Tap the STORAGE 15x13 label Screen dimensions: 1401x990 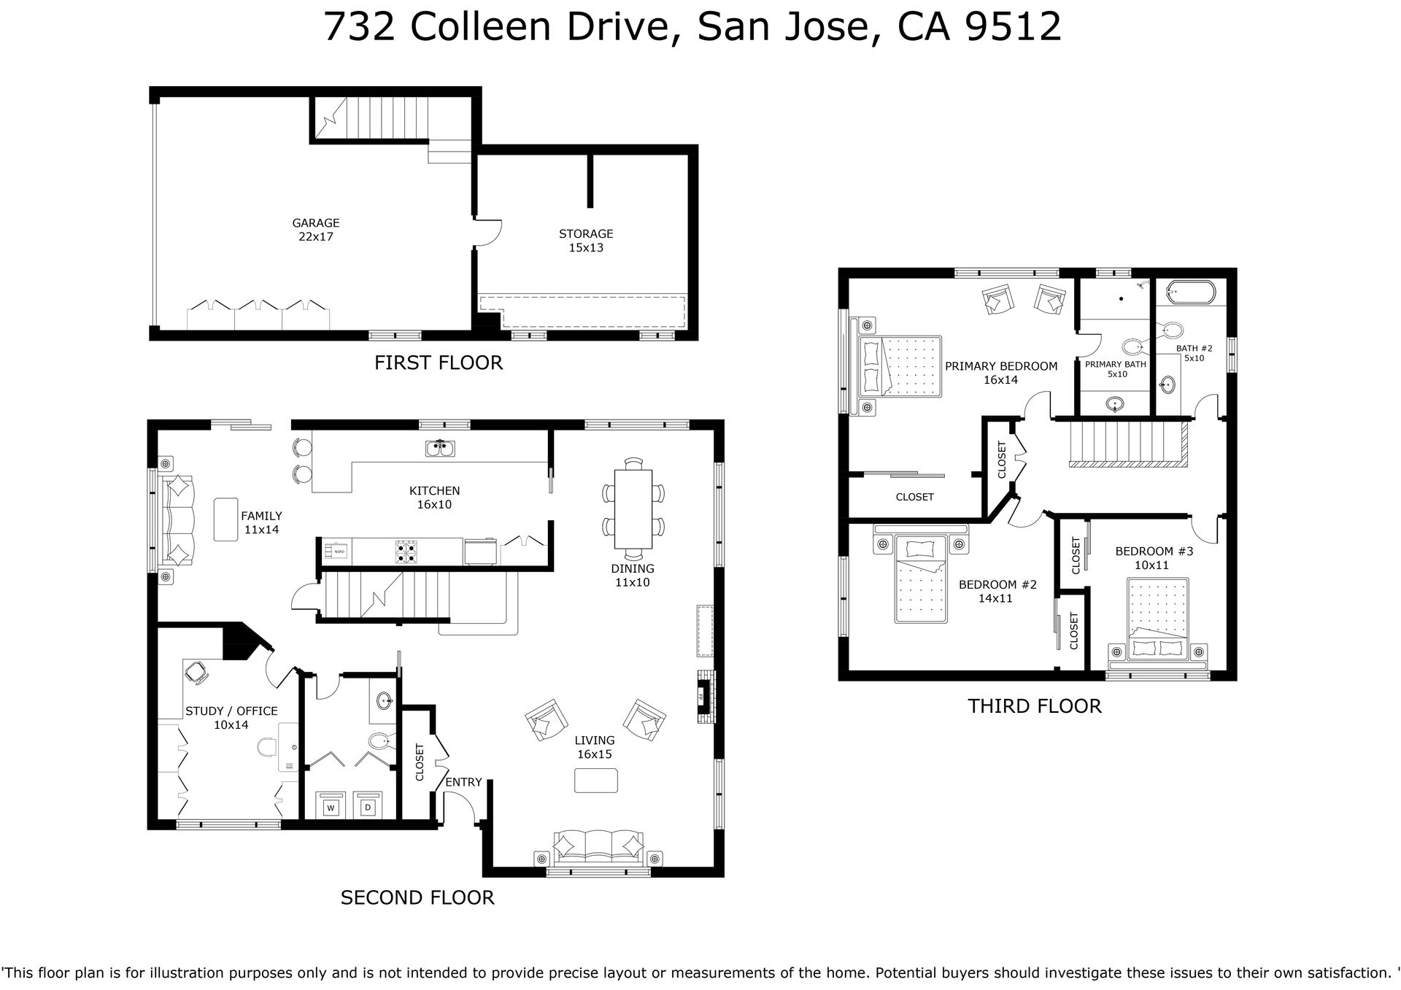[586, 241]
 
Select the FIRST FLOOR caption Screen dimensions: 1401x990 [439, 363]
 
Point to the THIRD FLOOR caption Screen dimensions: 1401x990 [1035, 706]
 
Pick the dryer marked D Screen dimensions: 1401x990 [368, 806]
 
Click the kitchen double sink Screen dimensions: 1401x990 [441, 448]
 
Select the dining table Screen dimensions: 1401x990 [633, 508]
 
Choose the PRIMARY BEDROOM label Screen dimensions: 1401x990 [1000, 366]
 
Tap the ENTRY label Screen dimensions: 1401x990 [463, 782]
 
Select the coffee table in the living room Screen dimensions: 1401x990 [596, 781]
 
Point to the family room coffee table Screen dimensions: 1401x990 [226, 519]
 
